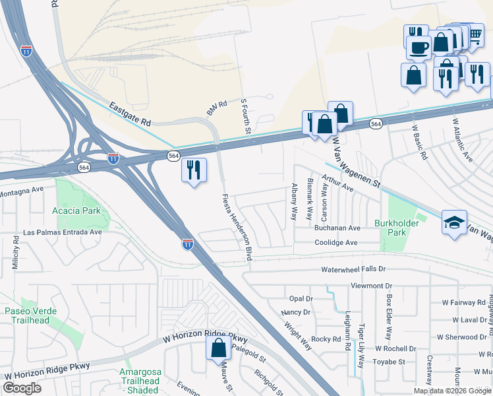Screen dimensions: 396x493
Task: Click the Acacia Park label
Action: coord(76,211)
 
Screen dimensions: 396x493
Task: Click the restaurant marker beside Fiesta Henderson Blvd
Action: coord(194,170)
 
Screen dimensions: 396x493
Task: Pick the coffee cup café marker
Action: coord(419,47)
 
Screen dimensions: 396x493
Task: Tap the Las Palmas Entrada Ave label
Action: coord(62,232)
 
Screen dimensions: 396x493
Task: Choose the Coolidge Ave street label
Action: coord(335,242)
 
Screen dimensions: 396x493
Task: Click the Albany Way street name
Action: coord(294,202)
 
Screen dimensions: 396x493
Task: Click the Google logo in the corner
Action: coord(22,388)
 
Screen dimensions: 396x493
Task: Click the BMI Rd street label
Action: coord(216,108)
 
